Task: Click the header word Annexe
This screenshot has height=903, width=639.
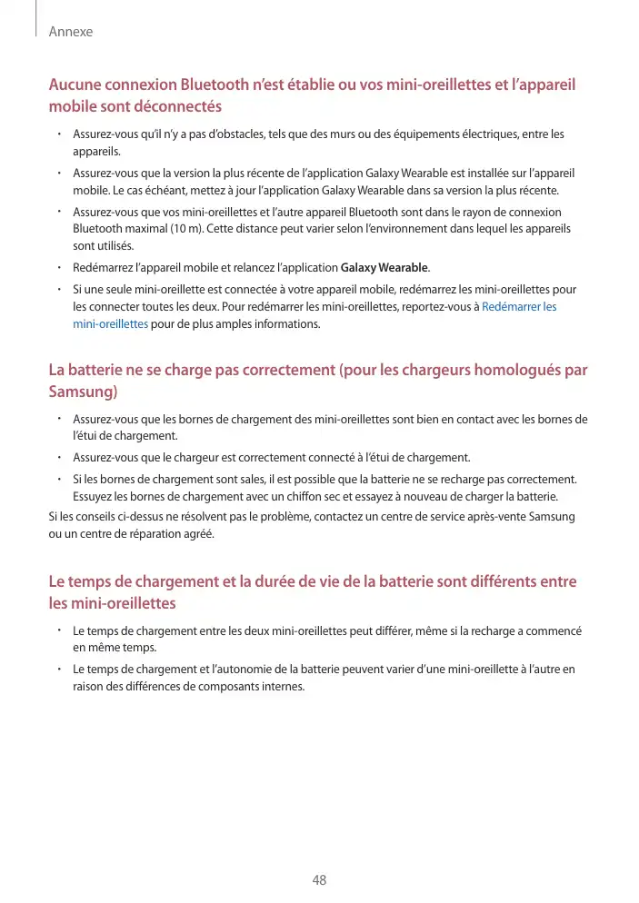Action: click(70, 32)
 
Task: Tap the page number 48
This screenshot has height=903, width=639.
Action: click(319, 880)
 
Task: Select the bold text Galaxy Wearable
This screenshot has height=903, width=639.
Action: click(384, 268)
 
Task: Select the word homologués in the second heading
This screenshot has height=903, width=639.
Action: click(513, 371)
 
